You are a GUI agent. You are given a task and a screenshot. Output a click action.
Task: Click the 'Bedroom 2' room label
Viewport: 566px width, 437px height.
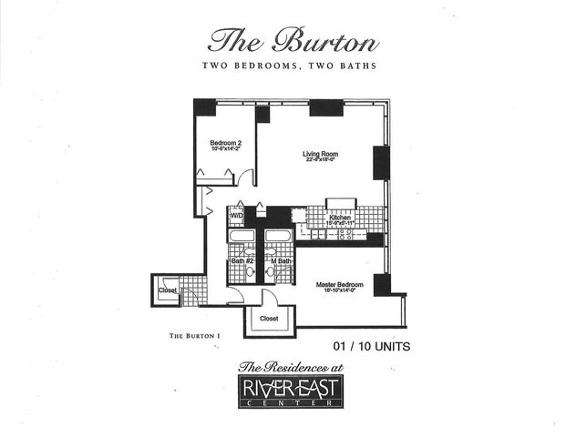coord(225,143)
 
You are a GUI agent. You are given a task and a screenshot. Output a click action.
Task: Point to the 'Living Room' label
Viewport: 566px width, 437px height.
coord(321,154)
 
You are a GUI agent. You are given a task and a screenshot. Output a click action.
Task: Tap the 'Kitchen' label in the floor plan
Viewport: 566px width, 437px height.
coord(340,218)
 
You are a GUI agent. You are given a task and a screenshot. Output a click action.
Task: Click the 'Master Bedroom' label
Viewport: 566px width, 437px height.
coord(340,284)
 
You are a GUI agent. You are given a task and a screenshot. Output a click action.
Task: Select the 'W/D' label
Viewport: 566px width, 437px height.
coord(235,217)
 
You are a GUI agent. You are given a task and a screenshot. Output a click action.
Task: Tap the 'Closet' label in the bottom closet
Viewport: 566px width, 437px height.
coord(269,320)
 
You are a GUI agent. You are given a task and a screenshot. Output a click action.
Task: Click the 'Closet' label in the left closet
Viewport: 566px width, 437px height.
coord(168,290)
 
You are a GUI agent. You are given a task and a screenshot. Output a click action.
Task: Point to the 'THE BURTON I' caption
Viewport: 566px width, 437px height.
coord(195,336)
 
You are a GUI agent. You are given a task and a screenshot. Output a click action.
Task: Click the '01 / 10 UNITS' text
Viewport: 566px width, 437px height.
coord(374,345)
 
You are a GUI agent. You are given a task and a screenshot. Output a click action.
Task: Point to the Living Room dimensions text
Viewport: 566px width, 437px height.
coord(321,161)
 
